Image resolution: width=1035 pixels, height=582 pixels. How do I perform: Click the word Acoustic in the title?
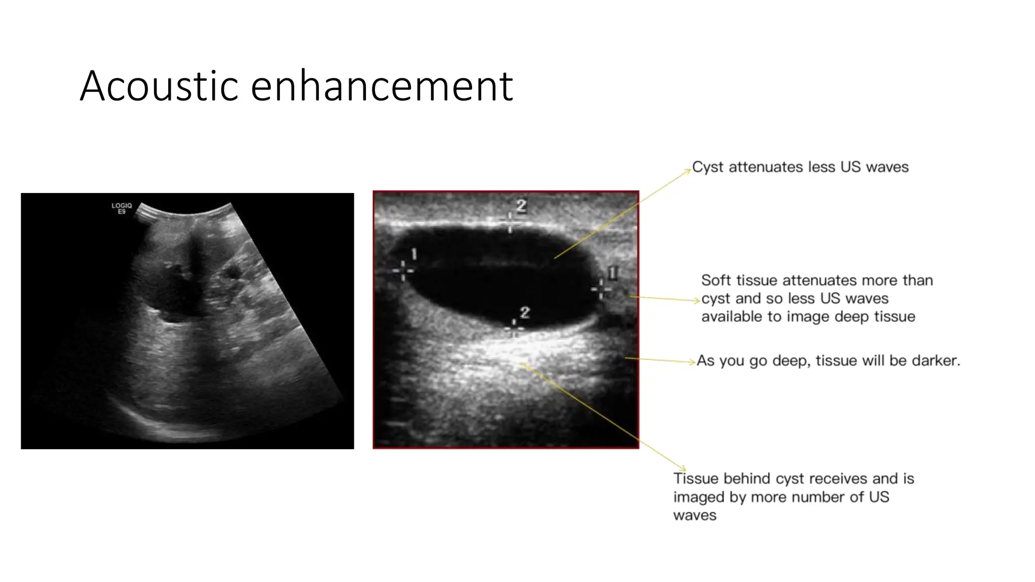pyautogui.click(x=159, y=86)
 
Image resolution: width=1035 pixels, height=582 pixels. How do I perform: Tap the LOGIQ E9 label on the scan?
pyautogui.click(x=121, y=208)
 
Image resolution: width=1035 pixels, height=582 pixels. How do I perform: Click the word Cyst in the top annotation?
pyautogui.click(x=708, y=167)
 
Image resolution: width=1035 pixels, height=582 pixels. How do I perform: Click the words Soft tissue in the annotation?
pyautogui.click(x=739, y=280)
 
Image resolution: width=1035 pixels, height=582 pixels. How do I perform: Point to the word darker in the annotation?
pyautogui.click(x=935, y=361)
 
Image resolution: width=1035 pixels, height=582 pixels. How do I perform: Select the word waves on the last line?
pyautogui.click(x=694, y=516)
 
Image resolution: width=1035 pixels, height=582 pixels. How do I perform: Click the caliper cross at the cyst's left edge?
pyautogui.click(x=403, y=270)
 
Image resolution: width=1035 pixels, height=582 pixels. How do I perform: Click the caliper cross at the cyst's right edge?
pyautogui.click(x=601, y=289)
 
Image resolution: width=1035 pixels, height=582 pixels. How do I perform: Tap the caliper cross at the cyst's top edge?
pyautogui.click(x=510, y=222)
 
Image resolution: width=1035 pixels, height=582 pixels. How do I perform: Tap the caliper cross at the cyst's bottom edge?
pyautogui.click(x=514, y=328)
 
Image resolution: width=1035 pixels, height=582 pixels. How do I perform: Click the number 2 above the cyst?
pyautogui.click(x=521, y=206)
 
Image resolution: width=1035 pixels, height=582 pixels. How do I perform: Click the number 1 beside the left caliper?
pyautogui.click(x=414, y=254)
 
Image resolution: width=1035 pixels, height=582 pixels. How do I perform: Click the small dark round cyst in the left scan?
pyautogui.click(x=232, y=273)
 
